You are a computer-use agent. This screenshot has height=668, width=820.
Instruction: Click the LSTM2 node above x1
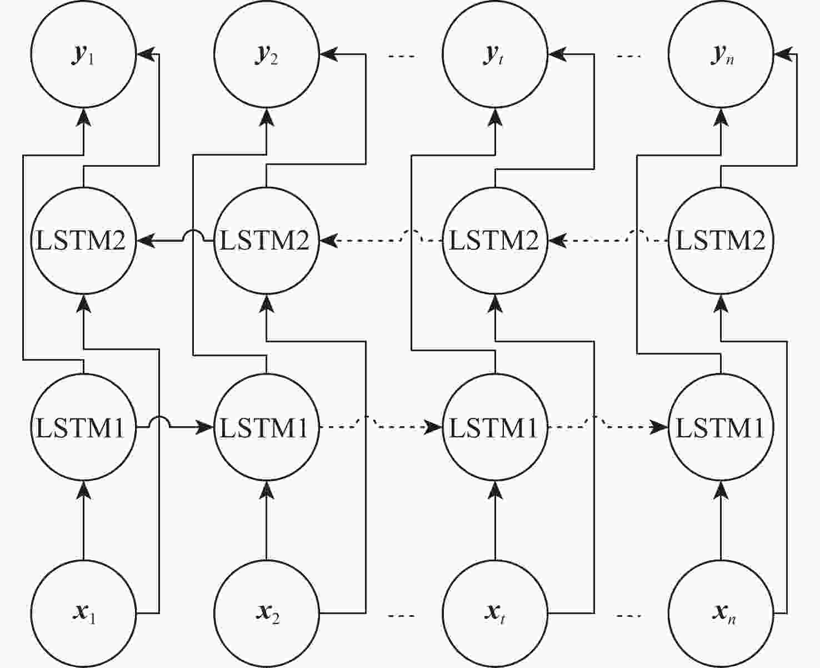tap(83, 241)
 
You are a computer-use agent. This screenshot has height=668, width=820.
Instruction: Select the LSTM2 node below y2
tap(267, 241)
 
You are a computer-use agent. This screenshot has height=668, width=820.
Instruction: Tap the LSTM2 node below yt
tap(495, 241)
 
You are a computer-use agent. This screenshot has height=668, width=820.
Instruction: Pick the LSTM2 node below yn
tap(721, 241)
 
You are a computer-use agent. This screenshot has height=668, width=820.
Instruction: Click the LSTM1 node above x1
tap(83, 427)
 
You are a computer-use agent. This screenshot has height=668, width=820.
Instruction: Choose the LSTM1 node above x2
tap(267, 427)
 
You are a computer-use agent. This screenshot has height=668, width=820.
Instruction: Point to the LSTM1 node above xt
tap(495, 427)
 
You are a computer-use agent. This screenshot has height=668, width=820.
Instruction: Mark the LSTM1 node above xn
tap(721, 427)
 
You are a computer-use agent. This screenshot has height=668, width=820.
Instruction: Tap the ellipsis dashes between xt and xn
tap(629, 616)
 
